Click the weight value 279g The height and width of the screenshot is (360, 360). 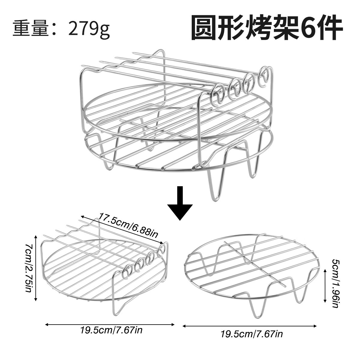click(89, 29)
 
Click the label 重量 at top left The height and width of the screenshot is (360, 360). click(30, 28)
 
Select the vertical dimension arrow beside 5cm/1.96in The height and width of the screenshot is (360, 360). click(325, 286)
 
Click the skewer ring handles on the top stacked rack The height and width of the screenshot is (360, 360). click(240, 85)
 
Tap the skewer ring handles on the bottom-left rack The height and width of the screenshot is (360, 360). click(144, 260)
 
